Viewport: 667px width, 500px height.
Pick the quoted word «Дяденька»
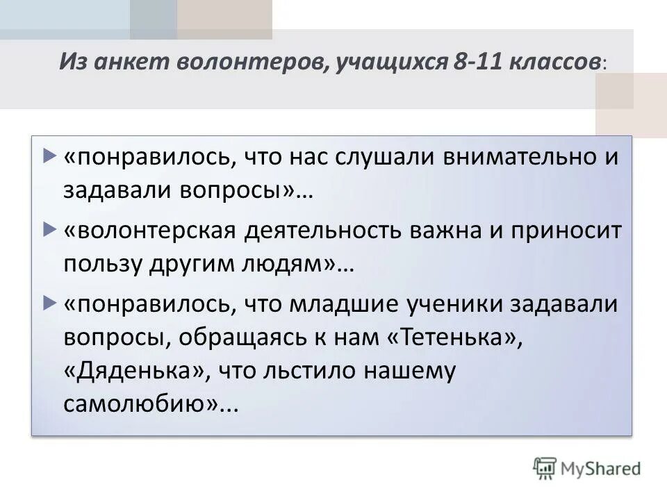point(137,371)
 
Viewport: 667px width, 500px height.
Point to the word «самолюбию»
point(139,406)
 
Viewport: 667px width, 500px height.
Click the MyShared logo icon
point(544,467)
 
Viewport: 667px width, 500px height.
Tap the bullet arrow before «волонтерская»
point(48,228)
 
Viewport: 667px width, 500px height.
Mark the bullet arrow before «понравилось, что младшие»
point(48,302)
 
